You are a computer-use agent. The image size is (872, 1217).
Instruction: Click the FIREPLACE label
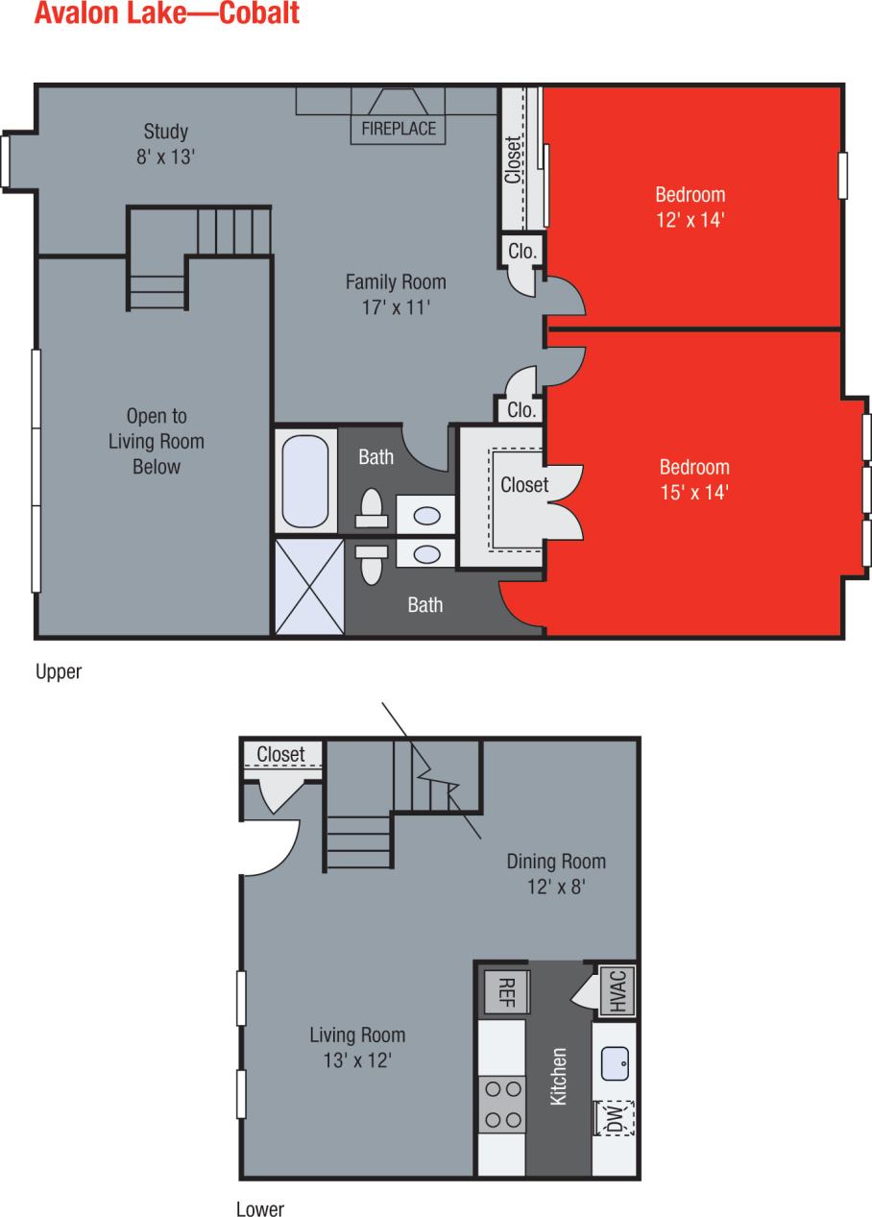point(399,128)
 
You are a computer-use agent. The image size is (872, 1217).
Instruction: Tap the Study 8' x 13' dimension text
point(166,156)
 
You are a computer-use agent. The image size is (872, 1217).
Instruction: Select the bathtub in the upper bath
point(306,479)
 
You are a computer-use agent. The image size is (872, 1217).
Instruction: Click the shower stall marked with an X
point(309,586)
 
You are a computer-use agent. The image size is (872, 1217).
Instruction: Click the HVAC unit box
point(617,990)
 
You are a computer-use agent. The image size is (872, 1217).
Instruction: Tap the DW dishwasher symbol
point(615,1117)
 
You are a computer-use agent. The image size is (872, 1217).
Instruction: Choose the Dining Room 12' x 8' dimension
point(555,887)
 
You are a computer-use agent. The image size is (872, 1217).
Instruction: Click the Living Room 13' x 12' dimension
point(357,1060)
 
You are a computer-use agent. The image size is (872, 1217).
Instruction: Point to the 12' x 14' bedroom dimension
point(690,219)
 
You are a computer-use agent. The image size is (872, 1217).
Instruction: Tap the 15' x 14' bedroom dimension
point(693,493)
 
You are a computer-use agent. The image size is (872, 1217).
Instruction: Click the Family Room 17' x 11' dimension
point(396,307)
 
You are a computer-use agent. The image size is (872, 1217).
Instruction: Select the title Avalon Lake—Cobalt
point(166,13)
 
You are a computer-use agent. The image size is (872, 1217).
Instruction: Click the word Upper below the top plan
point(59,672)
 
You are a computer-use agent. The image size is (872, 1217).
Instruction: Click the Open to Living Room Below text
point(156,442)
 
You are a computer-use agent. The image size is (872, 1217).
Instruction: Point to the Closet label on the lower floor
point(280,755)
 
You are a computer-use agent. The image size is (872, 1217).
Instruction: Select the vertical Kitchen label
point(558,1076)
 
